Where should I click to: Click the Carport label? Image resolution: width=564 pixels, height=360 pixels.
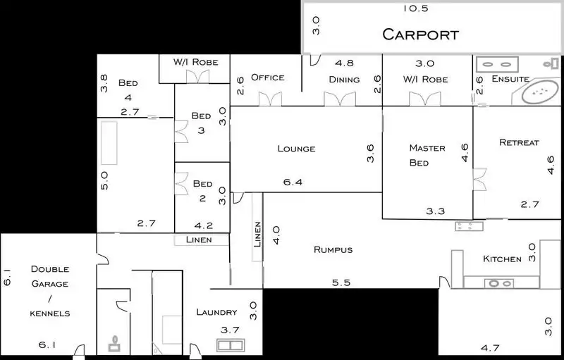[x=420, y=34]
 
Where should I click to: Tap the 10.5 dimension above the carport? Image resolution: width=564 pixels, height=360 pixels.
[x=416, y=8]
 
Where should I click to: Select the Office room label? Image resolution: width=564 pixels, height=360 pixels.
[x=267, y=77]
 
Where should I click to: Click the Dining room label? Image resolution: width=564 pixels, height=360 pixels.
[x=344, y=80]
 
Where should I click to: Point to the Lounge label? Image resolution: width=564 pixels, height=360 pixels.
[x=296, y=149]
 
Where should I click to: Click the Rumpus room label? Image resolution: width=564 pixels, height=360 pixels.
[x=333, y=249]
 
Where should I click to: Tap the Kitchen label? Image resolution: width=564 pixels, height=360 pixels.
[x=502, y=259]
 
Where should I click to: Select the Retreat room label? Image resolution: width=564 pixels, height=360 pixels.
[x=519, y=142]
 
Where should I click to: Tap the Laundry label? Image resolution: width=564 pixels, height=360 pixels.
[x=216, y=312]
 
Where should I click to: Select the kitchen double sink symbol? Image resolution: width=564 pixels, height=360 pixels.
[x=498, y=283]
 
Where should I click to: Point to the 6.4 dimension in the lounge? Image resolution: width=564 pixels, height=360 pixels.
[x=293, y=182]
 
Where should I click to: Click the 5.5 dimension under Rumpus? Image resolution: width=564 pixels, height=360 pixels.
[x=342, y=283]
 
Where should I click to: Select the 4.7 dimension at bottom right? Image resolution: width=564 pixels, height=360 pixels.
[x=489, y=347]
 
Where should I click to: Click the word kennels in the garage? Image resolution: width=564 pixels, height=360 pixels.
[x=49, y=313]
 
